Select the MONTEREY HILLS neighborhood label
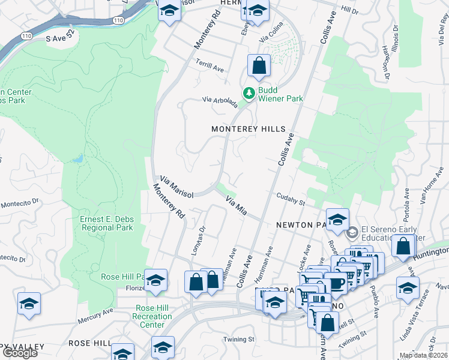point(248,129)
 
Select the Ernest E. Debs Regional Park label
point(107,223)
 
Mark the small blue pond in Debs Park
point(77,159)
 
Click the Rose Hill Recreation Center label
point(152,316)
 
